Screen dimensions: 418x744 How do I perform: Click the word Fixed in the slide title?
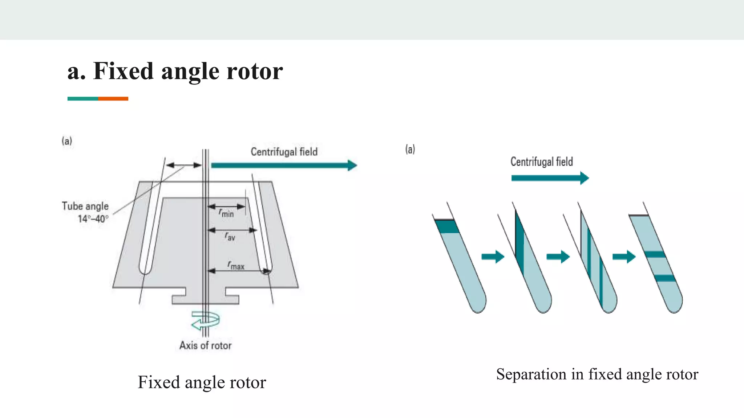pos(123,71)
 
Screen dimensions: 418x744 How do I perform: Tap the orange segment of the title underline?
pos(113,99)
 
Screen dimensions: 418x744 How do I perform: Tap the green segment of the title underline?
pos(82,99)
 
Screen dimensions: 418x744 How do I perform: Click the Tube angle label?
pos(85,206)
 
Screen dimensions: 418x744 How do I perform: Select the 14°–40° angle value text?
pos(93,219)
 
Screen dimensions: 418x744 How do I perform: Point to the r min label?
pos(226,213)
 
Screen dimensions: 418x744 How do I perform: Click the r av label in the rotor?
pos(230,237)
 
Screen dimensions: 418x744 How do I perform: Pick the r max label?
pos(236,265)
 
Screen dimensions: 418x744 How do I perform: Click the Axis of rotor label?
pos(205,345)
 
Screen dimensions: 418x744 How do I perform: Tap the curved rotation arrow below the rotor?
pos(205,320)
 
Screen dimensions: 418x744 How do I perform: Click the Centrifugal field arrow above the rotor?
pos(283,165)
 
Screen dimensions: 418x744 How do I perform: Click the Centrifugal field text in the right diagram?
pos(541,162)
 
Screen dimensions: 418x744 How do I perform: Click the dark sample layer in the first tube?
pos(447,227)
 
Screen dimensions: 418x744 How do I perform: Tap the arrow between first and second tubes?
pos(493,257)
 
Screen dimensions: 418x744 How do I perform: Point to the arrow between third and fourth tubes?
pos(624,257)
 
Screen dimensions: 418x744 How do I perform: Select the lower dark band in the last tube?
pos(665,278)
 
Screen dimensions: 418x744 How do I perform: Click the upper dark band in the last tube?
pos(655,254)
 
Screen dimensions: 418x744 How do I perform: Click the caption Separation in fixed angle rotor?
pos(597,374)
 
